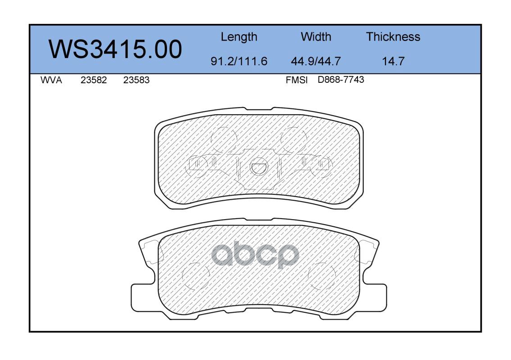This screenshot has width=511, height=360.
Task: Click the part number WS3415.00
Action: click(115, 49)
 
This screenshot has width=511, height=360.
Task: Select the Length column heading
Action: click(239, 37)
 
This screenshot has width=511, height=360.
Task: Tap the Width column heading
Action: click(316, 36)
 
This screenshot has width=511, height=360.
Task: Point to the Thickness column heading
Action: click(393, 36)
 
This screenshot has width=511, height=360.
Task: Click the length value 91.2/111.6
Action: click(239, 61)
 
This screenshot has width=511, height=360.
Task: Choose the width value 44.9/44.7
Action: click(316, 61)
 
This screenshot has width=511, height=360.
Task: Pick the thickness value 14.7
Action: click(393, 61)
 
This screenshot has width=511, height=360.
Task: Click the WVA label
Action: click(51, 80)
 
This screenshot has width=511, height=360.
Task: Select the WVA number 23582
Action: click(94, 80)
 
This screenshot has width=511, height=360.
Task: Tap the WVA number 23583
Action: click(136, 80)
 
